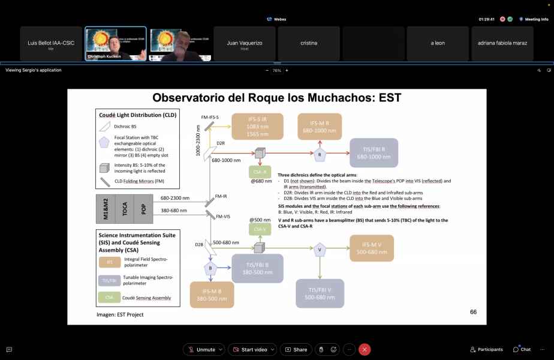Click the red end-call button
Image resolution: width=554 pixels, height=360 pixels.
pos(365,349)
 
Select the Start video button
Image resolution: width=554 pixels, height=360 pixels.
pos(254,349)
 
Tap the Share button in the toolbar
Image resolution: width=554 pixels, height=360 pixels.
pos(296,349)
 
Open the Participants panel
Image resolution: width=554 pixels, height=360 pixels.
pos(486,349)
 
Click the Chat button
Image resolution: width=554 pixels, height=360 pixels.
pos(522,349)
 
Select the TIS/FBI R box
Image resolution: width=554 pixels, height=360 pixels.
pos(374,153)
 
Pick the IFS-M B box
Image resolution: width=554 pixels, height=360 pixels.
pos(212,295)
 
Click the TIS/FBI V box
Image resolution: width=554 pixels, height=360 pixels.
pos(320,293)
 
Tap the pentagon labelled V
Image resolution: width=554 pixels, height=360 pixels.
pos(320,249)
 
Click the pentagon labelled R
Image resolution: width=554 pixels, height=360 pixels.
pos(320,154)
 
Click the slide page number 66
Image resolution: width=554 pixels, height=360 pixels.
pos(473,312)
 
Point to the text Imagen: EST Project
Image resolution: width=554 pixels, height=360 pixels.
pos(120,314)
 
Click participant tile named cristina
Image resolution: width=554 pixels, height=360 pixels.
pos(309,43)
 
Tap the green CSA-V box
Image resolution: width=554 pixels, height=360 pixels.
pos(258,229)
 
